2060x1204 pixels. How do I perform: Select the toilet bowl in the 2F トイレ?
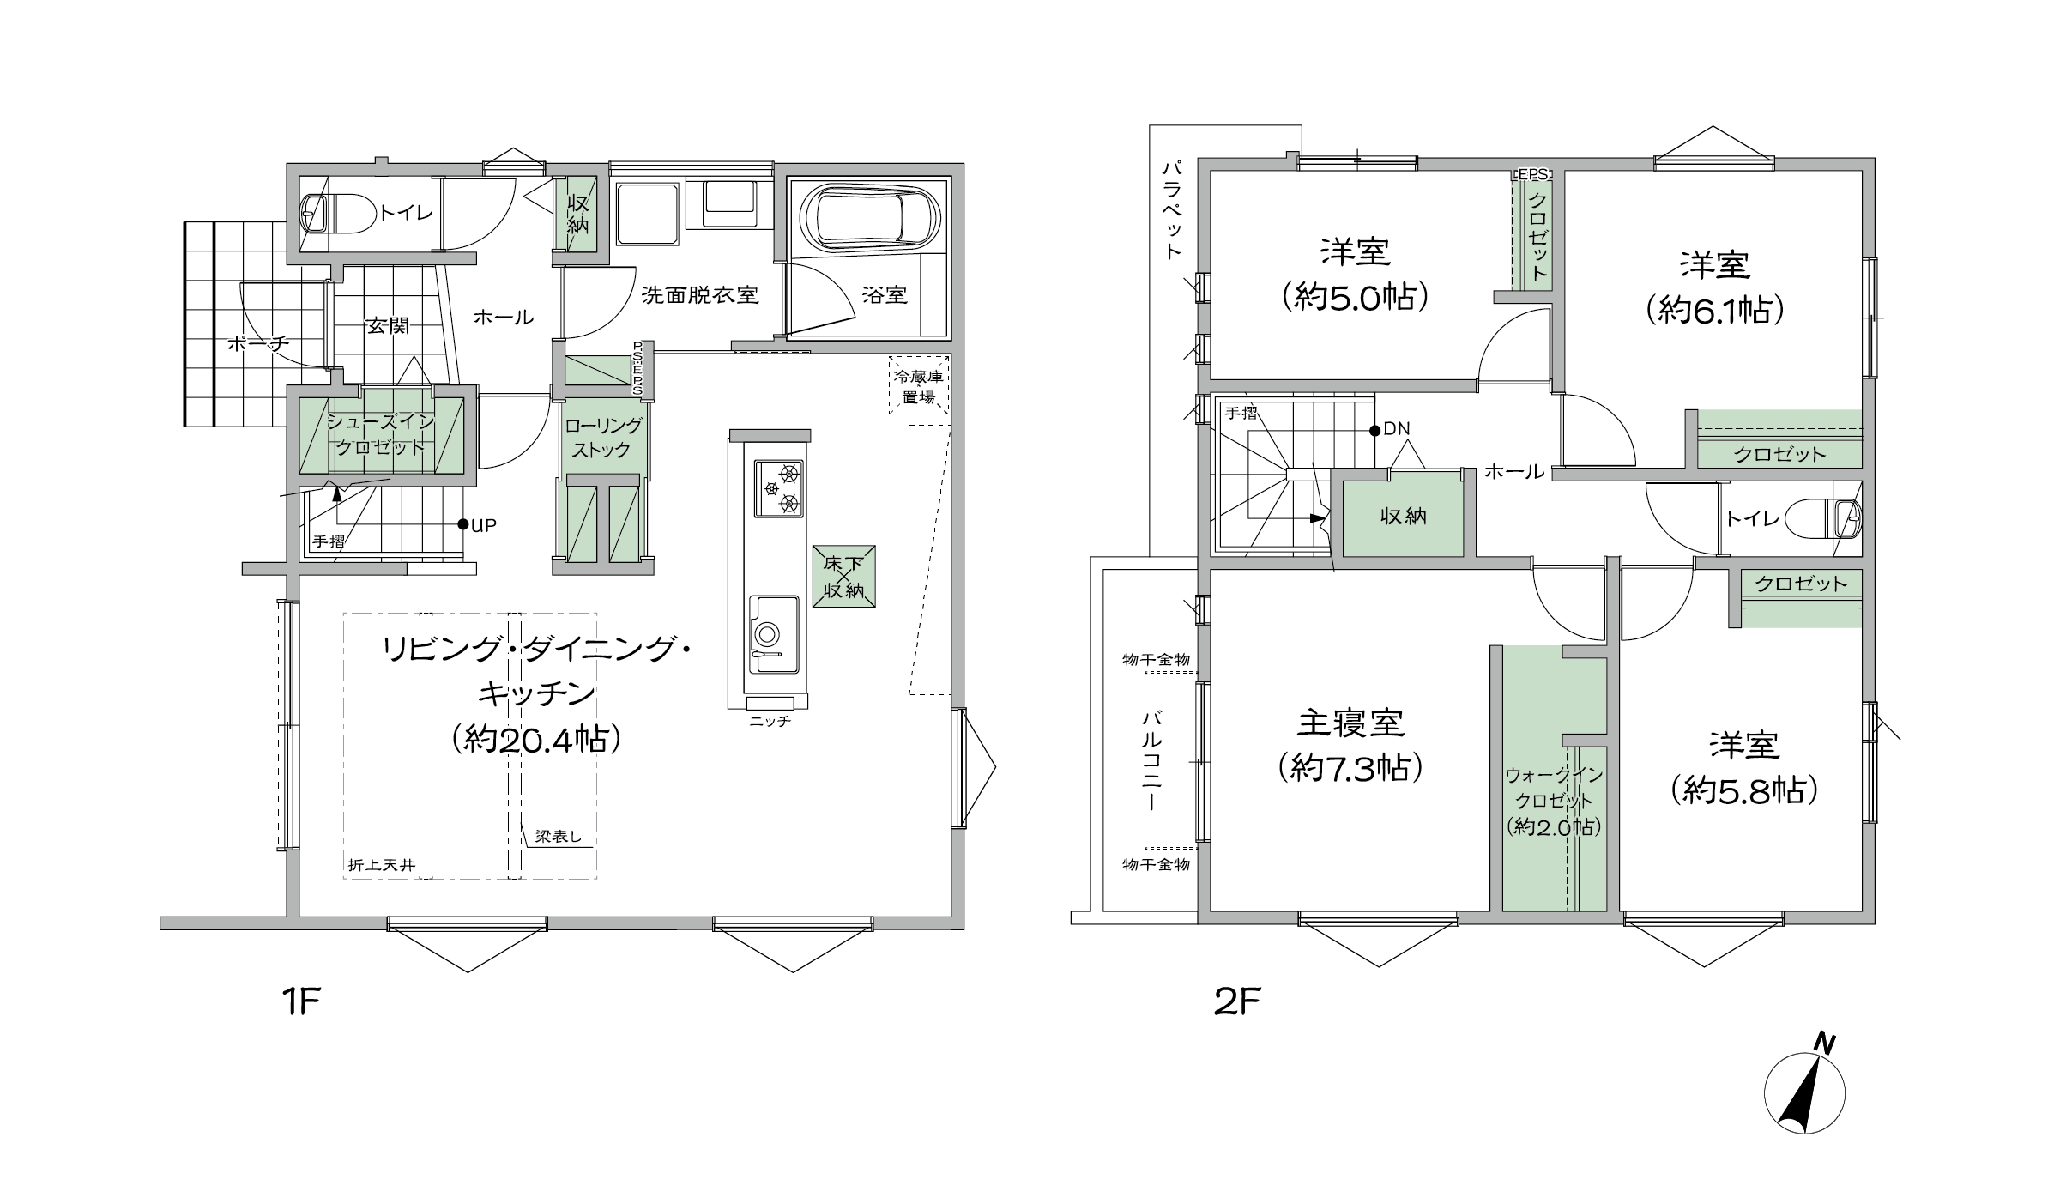[1821, 518]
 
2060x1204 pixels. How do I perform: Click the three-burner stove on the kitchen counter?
[779, 488]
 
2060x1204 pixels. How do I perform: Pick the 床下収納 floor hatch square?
[844, 577]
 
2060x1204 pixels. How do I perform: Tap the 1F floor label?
[300, 1001]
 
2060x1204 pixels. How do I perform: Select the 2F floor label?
[1236, 1001]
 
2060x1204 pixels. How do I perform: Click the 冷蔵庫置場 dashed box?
[920, 385]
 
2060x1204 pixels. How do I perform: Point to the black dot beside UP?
[462, 524]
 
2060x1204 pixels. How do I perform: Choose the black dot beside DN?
[1374, 430]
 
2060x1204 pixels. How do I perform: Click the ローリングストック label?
[603, 438]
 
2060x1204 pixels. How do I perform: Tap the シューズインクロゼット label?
[381, 434]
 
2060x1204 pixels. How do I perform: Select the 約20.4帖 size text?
[536, 738]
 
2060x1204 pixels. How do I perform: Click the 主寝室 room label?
[1350, 723]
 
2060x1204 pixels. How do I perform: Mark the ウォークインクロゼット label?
[1554, 801]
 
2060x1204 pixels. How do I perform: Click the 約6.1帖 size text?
[1715, 310]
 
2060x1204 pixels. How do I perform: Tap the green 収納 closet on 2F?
[1403, 515]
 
